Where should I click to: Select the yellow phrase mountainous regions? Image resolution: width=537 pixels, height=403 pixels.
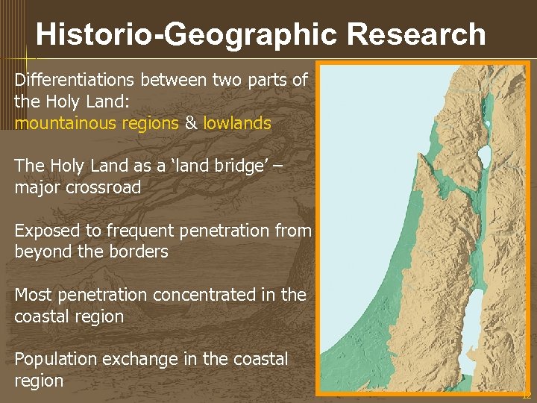point(96,123)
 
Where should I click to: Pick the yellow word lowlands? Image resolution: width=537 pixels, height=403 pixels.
point(237,123)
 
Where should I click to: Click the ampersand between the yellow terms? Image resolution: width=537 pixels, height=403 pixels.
point(191,123)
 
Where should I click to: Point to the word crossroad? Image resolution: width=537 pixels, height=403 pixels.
point(104,187)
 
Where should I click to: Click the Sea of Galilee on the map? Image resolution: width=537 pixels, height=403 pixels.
point(484,157)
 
